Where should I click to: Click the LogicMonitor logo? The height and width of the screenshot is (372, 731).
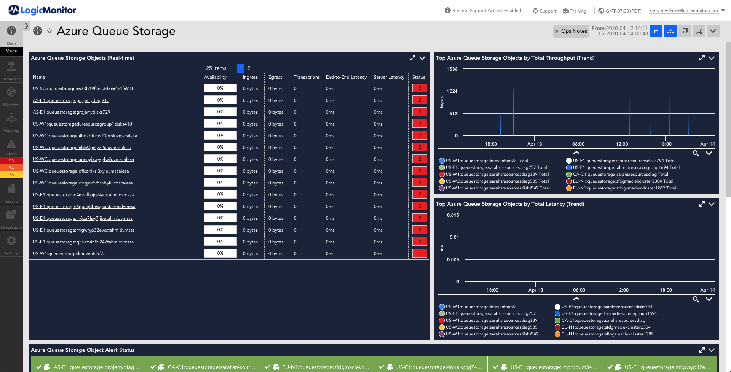(42, 10)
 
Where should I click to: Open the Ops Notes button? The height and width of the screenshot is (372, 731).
(571, 31)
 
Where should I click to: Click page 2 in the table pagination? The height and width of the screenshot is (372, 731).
(249, 68)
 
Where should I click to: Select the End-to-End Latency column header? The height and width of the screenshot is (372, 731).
(346, 77)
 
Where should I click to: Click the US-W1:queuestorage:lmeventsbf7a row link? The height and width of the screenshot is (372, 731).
(69, 254)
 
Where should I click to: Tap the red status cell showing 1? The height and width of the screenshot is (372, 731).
(420, 253)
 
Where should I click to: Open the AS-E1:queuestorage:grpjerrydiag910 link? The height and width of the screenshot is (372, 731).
(71, 100)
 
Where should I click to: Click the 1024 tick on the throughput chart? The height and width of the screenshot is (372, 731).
(452, 91)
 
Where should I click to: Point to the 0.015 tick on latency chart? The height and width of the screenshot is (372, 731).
(453, 215)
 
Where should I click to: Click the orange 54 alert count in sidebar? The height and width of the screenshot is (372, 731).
(11, 168)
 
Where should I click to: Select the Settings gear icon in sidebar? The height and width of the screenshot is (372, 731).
(11, 241)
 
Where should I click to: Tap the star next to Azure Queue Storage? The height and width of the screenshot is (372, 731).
(49, 31)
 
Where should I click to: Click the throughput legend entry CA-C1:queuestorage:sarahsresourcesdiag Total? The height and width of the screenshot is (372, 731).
(620, 175)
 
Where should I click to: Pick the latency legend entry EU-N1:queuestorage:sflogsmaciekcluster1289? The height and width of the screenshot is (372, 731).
(607, 334)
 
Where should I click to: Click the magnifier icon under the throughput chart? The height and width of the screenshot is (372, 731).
(696, 153)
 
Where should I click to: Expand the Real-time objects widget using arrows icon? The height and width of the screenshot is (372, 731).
(412, 58)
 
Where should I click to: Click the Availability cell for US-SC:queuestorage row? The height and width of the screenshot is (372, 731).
(220, 88)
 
